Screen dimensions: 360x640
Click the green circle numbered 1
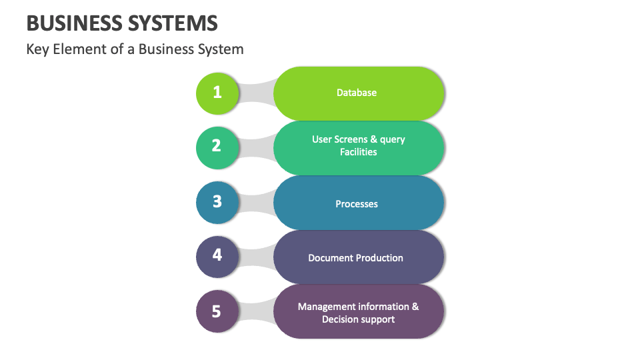(217, 93)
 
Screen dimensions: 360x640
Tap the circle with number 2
(217, 146)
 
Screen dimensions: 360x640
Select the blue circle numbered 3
(217, 201)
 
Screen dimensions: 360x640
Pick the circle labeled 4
(217, 255)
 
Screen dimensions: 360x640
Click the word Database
(357, 93)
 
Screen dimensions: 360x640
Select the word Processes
(357, 204)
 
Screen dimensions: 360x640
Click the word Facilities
(359, 152)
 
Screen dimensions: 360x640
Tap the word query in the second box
(392, 139)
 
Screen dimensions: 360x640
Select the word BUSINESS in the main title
(74, 24)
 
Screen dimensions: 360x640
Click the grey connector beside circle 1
(257, 93)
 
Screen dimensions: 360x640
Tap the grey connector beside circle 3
(257, 201)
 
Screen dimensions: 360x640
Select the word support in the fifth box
(379, 319)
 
